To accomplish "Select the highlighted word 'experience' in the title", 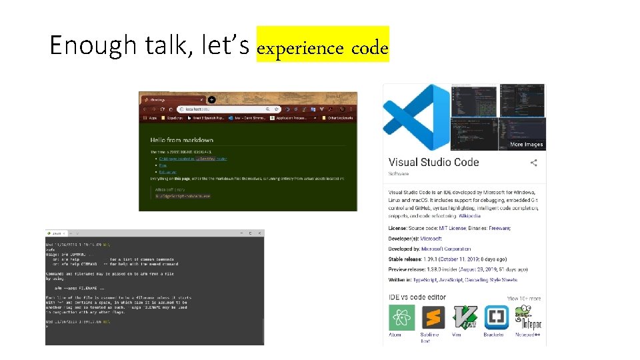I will click(x=299, y=49).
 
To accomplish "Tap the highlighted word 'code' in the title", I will click(x=369, y=49).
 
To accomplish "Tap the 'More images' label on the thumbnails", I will click(x=526, y=144).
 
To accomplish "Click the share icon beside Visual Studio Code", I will click(x=533, y=163).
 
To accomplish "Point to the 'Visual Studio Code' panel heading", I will click(x=433, y=162).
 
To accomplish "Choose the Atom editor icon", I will click(x=401, y=317).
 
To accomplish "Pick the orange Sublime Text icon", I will click(x=433, y=317).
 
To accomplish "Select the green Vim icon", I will click(x=465, y=317).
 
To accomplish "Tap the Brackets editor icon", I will click(x=496, y=317).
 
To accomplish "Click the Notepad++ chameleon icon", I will click(x=527, y=317).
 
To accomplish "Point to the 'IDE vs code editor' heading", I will click(x=417, y=297).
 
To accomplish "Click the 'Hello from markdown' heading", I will click(x=182, y=141).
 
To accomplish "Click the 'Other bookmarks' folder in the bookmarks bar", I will click(x=340, y=118).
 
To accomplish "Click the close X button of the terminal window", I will click(x=259, y=233).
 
